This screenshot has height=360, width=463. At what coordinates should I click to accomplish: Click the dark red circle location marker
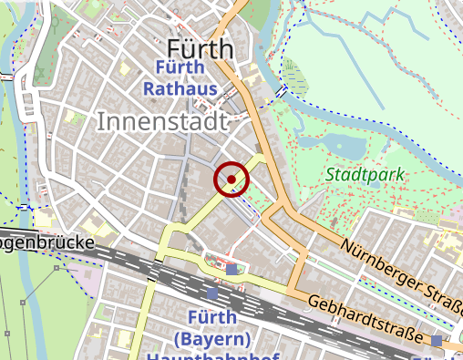coord(231,179)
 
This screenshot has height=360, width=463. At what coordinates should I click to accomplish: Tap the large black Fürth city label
coord(201,49)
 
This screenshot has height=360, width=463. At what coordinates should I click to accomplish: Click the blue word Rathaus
coord(180,89)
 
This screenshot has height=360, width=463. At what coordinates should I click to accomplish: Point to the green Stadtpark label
coord(365,174)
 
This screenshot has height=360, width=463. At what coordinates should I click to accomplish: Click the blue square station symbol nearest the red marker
coord(232,269)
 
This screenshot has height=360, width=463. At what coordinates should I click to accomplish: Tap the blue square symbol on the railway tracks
coord(213,293)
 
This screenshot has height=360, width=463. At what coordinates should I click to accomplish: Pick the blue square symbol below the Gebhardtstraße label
coord(437,341)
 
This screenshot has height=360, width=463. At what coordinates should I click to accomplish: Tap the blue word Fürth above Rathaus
coord(180,68)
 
